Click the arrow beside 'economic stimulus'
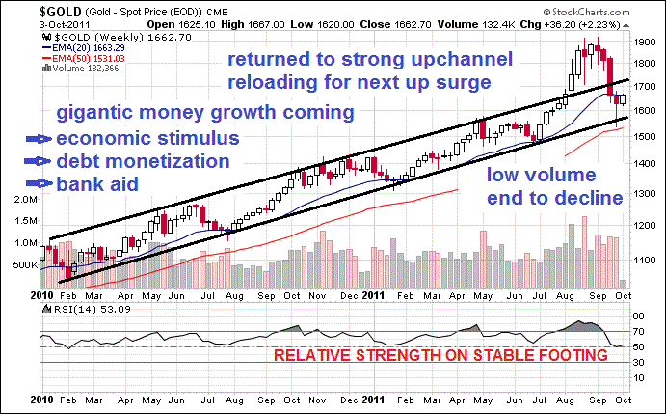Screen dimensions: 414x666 (x=39, y=138)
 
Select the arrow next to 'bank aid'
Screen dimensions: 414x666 (x=39, y=182)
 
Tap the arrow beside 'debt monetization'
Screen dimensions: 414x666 (x=39, y=160)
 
